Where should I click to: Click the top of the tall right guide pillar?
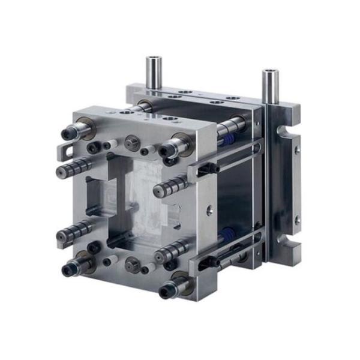pos(268,74)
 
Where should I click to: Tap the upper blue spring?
pos(227,140)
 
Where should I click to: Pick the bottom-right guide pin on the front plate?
pos(170,289)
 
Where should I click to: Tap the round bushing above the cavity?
pos(130,145)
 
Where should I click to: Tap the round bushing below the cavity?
pos(130,262)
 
